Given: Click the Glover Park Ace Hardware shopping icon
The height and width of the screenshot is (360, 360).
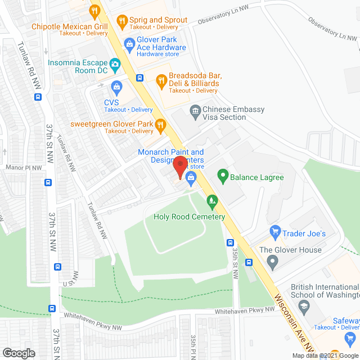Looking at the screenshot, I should pos(129,43).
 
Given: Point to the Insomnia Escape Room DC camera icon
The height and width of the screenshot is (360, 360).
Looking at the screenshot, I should pos(115,64).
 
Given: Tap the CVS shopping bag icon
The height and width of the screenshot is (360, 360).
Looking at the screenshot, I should pos(116,87).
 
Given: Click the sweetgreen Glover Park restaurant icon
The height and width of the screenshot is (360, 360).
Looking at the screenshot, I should pos(160,124).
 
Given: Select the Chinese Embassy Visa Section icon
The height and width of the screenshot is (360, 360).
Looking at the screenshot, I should pos(195,110).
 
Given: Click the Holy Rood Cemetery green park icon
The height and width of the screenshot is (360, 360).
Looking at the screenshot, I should pos(211,199).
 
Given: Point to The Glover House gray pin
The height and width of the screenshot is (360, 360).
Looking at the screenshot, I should pos(272,261).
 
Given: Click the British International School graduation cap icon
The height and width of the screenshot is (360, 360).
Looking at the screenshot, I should pos(304,305).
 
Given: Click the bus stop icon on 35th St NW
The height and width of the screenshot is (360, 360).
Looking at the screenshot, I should pos(231,243).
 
